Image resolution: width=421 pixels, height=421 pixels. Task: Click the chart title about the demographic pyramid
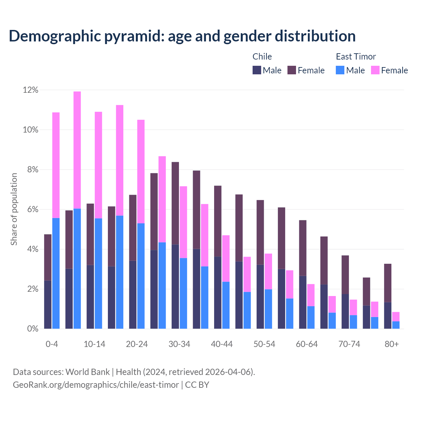coord(182,36)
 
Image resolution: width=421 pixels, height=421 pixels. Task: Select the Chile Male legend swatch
coord(257,70)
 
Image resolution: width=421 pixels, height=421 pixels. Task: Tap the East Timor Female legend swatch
coord(375,70)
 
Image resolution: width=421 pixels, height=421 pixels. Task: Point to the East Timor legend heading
coord(356,57)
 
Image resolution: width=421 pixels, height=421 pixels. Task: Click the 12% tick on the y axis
coord(31,90)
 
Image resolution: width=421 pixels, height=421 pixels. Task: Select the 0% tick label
coord(33,329)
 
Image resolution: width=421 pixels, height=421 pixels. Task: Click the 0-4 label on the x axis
coord(52,344)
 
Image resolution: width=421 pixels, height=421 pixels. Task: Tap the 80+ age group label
coord(392,344)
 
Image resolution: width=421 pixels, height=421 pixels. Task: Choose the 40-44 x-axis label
coord(222,344)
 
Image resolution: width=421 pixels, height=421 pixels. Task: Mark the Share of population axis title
coord(14,209)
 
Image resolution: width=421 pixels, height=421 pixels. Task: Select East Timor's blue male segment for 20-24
coord(141,276)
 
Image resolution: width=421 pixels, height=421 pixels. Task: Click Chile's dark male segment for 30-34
coord(175,286)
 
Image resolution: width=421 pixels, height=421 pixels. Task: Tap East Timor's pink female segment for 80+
coord(396,316)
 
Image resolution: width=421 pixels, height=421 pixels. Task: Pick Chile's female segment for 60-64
coord(303,248)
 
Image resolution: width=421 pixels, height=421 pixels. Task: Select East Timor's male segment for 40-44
coord(226,305)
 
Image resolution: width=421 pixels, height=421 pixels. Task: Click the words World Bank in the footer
coord(87,372)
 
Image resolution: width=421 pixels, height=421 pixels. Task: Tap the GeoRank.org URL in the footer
coord(96,384)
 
